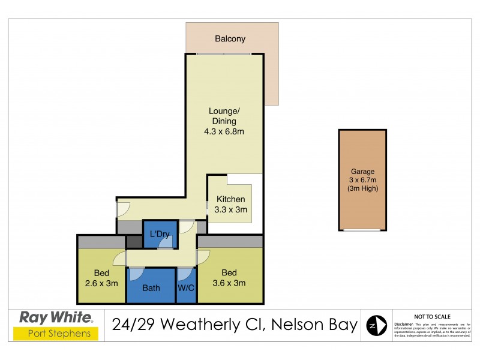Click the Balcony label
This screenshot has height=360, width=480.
[x=230, y=39]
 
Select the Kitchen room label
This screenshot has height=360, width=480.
[x=230, y=199]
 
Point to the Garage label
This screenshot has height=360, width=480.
[x=362, y=172]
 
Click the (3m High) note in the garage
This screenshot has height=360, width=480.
[x=362, y=188]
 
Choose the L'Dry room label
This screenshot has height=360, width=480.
[x=160, y=233]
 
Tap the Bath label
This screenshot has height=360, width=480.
[x=151, y=288]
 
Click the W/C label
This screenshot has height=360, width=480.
[x=187, y=288]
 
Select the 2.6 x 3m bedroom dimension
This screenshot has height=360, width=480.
[x=101, y=283]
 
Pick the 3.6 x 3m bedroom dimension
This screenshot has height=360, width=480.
[x=230, y=283]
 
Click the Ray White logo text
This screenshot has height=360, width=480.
[x=56, y=317]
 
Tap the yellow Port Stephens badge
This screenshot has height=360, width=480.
[x=56, y=334]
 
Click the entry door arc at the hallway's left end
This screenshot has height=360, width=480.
[x=123, y=208]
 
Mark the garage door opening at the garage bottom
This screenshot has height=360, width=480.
[x=362, y=229]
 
